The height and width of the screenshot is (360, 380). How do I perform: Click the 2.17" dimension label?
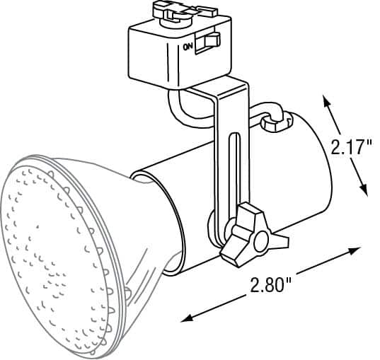point(351,147)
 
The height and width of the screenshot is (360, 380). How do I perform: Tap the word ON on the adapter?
point(188,47)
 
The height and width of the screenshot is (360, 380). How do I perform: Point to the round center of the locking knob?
point(260,241)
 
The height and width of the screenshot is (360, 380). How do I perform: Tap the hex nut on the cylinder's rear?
point(277,121)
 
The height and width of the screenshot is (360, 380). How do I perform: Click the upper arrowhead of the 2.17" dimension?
point(327,100)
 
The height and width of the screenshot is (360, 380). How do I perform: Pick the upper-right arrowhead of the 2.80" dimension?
point(355,251)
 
